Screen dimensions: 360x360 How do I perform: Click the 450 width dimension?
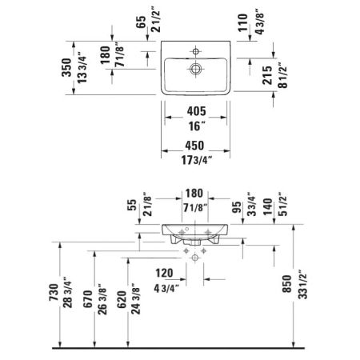[194, 146]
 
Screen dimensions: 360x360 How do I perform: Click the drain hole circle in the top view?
[194, 70]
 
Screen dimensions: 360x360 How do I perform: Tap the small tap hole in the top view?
[194, 50]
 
